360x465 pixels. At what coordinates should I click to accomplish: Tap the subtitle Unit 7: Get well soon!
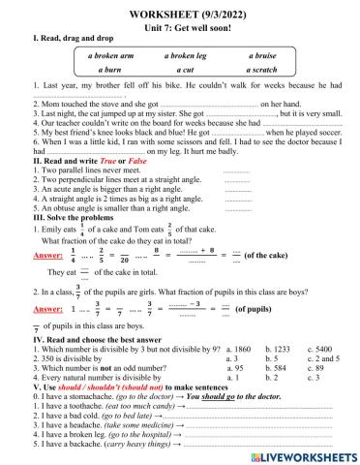coord(179,24)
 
